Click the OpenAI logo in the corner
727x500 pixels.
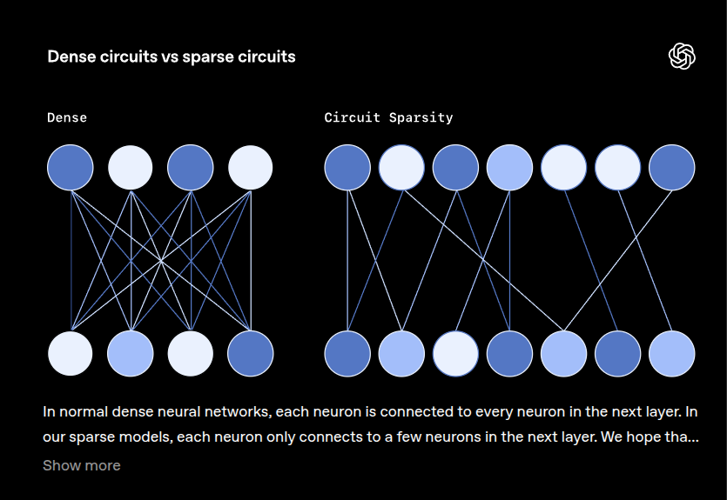pyautogui.click(x=682, y=57)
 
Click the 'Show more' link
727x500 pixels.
pyautogui.click(x=82, y=465)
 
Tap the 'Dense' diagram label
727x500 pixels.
pyautogui.click(x=67, y=117)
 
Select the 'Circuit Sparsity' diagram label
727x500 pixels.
pyautogui.click(x=388, y=117)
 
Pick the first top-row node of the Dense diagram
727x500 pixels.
pyautogui.click(x=70, y=167)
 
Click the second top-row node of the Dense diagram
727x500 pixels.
pyautogui.click(x=131, y=167)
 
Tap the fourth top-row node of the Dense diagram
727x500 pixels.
pyautogui.click(x=251, y=167)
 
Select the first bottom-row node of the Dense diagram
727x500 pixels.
pyautogui.click(x=70, y=354)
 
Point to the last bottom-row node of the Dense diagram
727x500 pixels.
pyautogui.click(x=251, y=354)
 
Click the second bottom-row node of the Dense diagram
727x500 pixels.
pyautogui.click(x=131, y=354)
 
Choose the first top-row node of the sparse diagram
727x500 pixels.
pyautogui.click(x=347, y=167)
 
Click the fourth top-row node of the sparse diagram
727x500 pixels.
pyautogui.click(x=509, y=167)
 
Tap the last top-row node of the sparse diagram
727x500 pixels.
pyautogui.click(x=672, y=167)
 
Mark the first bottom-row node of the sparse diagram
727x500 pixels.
pyautogui.click(x=347, y=354)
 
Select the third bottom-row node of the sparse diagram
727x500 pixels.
pyautogui.click(x=455, y=354)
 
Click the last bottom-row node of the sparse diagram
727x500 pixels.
pyautogui.click(x=672, y=354)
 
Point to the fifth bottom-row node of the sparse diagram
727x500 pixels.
pyautogui.click(x=563, y=354)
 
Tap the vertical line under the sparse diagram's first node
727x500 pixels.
pyautogui.click(x=347, y=261)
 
